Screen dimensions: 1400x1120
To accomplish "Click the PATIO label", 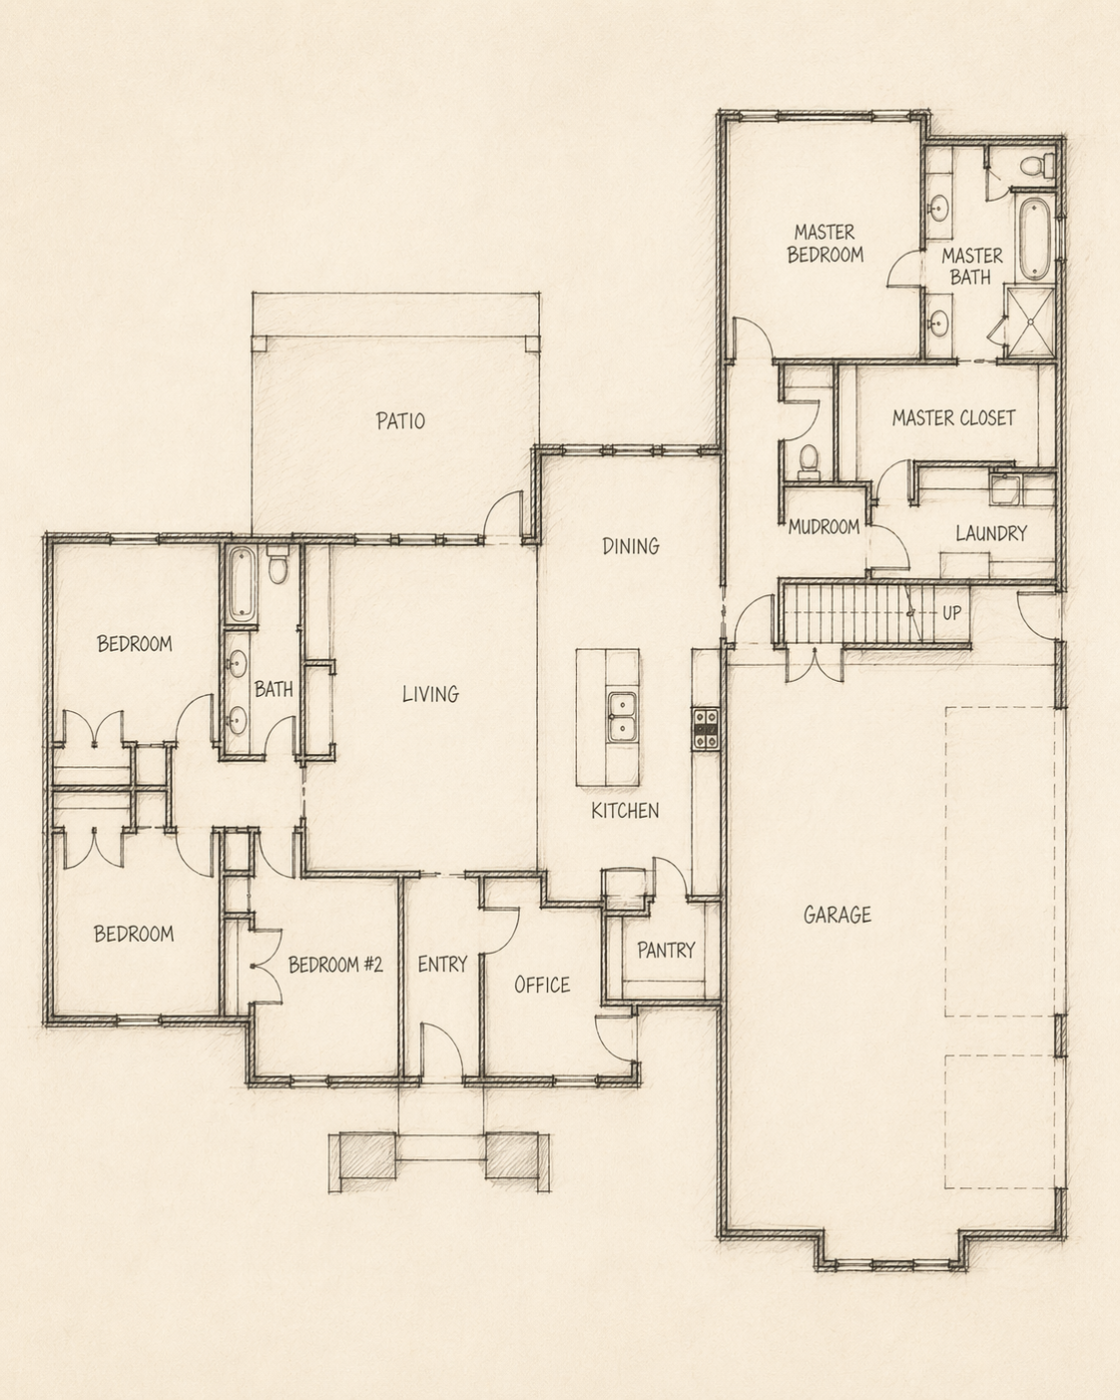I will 400,420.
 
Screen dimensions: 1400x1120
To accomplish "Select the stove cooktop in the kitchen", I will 706,729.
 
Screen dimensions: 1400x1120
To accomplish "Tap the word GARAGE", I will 837,915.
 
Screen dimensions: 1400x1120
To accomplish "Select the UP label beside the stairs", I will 951,612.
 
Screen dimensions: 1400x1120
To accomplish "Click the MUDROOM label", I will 824,526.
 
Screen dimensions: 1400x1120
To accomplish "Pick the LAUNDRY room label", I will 990,533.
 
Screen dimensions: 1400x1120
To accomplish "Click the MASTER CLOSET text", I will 953,418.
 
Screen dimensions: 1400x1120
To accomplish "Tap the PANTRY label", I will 665,950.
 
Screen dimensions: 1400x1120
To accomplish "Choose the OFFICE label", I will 542,986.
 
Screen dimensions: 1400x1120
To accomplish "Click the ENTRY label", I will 442,965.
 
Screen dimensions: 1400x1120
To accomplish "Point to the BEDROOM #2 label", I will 335,965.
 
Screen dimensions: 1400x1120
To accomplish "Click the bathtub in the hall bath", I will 242,584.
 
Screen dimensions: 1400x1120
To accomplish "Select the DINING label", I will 630,546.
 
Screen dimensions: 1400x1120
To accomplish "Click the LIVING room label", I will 430,693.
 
